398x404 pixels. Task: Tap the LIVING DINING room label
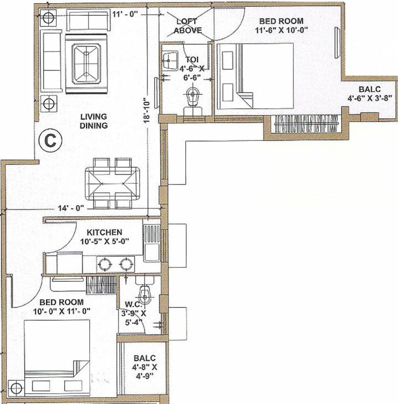pos(94,121)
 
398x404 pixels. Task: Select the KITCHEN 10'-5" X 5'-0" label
pos(104,236)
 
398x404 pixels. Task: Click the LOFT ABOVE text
pos(187,26)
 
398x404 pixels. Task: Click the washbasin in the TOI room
pos(171,58)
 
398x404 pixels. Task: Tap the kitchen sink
pos(151,243)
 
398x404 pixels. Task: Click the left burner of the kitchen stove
pos(104,263)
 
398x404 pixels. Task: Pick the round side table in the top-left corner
pos(48,18)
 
